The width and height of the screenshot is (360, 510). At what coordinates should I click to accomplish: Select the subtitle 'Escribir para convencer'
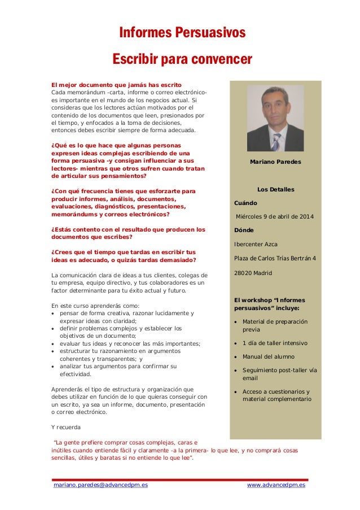(182, 59)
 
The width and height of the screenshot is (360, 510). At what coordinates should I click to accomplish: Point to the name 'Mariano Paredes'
(275, 162)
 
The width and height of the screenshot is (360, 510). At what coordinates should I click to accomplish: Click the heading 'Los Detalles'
(275, 189)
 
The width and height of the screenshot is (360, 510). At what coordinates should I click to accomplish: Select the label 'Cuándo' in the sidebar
(245, 203)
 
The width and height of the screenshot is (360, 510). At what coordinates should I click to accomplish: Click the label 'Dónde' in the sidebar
(244, 230)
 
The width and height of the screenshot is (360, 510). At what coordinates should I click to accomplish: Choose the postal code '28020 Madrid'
(253, 273)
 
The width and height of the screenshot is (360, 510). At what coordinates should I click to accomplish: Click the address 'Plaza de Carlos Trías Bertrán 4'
(275, 259)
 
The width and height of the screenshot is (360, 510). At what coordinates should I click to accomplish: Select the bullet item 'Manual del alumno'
(269, 357)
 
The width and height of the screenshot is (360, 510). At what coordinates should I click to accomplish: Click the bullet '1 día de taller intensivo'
(275, 343)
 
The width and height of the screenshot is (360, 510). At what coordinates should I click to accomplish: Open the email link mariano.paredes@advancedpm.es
(100, 485)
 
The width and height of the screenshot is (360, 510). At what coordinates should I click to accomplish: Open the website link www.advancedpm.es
(276, 485)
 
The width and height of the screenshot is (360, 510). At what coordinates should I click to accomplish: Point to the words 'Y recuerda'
(66, 427)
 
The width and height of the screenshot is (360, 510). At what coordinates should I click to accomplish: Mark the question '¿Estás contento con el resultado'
(128, 229)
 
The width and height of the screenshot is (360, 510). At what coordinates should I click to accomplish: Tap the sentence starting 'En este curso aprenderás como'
(95, 306)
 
